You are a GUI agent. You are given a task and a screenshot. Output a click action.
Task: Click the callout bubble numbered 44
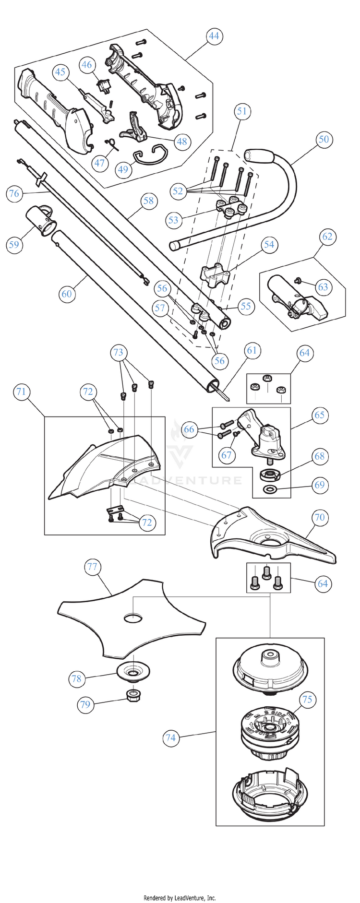pyautogui.click(x=214, y=36)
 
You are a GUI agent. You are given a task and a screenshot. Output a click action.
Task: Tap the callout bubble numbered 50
pyautogui.click(x=324, y=139)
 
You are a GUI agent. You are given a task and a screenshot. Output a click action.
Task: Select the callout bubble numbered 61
pyautogui.click(x=252, y=351)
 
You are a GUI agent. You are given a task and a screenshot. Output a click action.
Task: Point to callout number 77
pyautogui.click(x=92, y=567)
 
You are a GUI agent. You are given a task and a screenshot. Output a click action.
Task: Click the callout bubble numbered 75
pyautogui.click(x=307, y=700)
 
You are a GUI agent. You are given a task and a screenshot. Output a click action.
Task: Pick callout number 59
pyautogui.click(x=14, y=245)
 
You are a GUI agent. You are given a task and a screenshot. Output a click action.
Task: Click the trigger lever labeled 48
pyautogui.click(x=134, y=129)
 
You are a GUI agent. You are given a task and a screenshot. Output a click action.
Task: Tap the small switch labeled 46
pyautogui.click(x=103, y=86)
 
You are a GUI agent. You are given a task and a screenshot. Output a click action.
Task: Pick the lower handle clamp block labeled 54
pyautogui.click(x=215, y=275)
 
